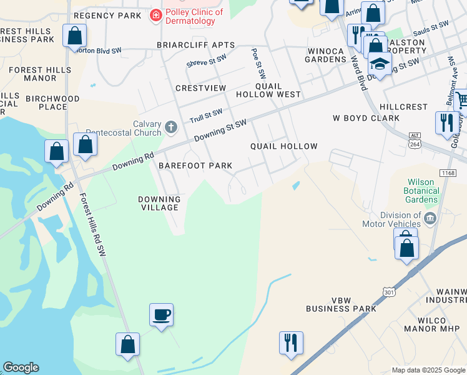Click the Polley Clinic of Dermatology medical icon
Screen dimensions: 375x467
coord(155,14)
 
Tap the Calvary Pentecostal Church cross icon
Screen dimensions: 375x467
coord(172,128)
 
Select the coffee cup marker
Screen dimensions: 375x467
coord(161,314)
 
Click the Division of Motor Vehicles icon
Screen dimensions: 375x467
coord(430,218)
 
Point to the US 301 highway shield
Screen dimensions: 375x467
coord(389,291)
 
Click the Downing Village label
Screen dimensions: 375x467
coord(159,203)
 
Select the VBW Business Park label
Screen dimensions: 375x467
coord(341,304)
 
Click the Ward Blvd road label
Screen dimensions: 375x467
coord(358,72)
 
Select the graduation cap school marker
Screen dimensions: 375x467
coord(379,63)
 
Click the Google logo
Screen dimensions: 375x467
coord(21,367)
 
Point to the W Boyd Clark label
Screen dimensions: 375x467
coord(366,117)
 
